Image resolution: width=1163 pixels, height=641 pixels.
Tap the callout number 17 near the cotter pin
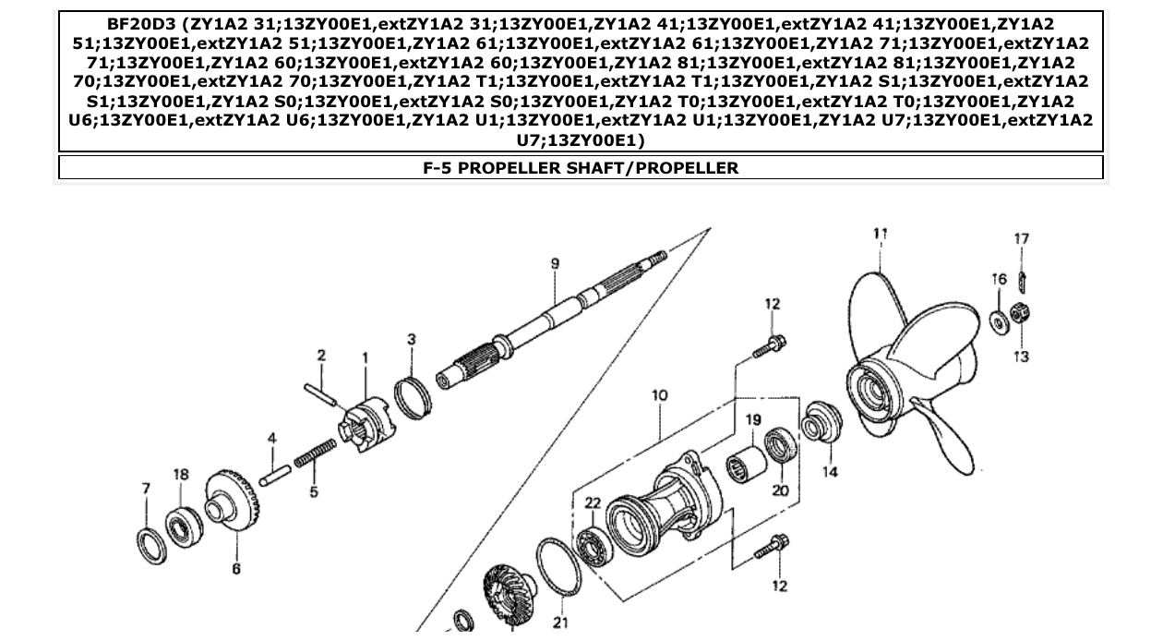(1021, 239)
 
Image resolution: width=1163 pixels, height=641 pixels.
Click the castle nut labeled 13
(1020, 315)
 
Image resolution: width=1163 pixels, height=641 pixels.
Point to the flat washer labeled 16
(999, 321)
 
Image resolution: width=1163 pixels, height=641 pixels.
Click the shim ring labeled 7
(151, 544)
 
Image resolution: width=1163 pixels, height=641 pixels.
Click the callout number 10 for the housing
(659, 395)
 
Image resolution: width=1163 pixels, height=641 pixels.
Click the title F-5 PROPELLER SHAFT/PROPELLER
(581, 168)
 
